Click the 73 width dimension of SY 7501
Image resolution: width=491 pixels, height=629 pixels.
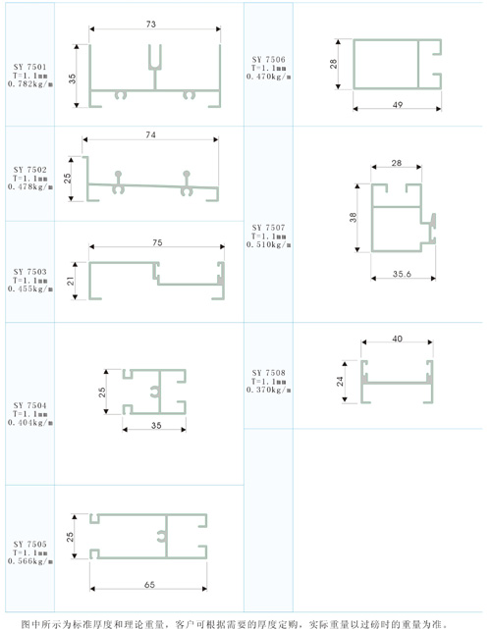(151, 25)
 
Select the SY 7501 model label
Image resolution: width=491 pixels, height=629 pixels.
(30, 67)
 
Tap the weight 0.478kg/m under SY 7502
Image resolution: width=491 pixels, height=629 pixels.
(30, 187)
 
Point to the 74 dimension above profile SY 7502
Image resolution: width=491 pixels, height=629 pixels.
(151, 134)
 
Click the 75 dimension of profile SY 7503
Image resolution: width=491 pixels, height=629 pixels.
(157, 242)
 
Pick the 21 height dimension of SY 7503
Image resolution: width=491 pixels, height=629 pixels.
(71, 281)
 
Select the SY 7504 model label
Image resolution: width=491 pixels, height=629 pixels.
(30, 405)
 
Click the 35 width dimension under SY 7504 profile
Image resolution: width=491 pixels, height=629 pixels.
(156, 425)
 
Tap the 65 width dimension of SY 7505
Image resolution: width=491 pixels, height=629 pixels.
(149, 585)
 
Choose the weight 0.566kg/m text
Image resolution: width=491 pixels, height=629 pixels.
(30, 561)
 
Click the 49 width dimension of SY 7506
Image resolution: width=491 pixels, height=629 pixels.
(398, 105)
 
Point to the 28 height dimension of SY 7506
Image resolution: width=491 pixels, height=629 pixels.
(334, 64)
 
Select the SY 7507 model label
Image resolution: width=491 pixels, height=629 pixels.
(269, 228)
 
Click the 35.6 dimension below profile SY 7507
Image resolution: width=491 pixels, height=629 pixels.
(402, 274)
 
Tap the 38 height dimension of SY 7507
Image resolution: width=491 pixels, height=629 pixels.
(353, 218)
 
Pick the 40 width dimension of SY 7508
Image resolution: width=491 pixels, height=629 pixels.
(397, 339)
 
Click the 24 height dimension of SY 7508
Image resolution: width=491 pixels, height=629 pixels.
(340, 381)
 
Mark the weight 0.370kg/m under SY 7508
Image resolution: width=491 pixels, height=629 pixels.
(269, 390)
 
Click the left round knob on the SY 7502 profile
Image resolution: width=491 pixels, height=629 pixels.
(118, 174)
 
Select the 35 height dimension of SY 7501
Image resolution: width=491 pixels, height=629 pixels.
(72, 79)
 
